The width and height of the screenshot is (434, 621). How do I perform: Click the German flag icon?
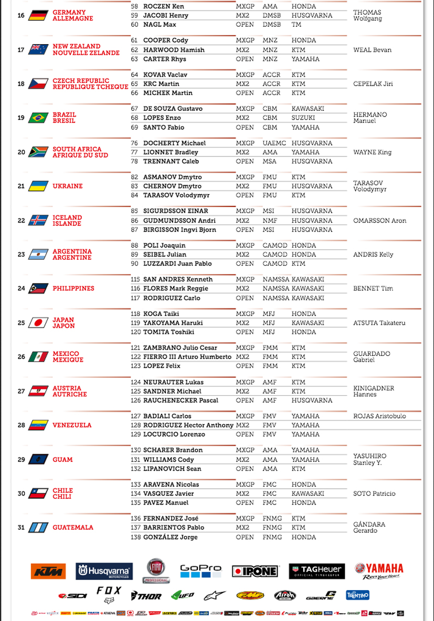[x=38, y=15]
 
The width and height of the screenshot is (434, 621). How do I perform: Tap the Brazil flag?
[x=38, y=118]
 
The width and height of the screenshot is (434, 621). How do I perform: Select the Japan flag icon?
[x=38, y=323]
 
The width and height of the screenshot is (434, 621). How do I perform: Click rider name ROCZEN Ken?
[x=164, y=6]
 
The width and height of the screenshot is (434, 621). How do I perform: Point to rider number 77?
[x=135, y=152]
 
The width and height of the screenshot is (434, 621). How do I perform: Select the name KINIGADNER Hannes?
[x=373, y=391]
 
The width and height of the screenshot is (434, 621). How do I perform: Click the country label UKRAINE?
[x=68, y=186]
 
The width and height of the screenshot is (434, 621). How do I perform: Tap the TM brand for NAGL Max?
[x=297, y=25]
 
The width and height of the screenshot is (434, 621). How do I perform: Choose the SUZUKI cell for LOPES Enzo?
[x=303, y=118]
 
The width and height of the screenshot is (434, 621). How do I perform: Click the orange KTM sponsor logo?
[x=48, y=571]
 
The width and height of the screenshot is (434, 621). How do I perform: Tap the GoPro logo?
[x=200, y=571]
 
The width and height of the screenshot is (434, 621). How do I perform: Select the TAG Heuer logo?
[x=316, y=571]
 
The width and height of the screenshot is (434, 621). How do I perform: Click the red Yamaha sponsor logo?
[x=378, y=570]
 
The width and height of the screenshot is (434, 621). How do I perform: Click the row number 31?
[x=21, y=528]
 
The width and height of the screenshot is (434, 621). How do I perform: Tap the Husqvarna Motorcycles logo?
[x=104, y=571]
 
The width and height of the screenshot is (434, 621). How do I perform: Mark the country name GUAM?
[x=62, y=459]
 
